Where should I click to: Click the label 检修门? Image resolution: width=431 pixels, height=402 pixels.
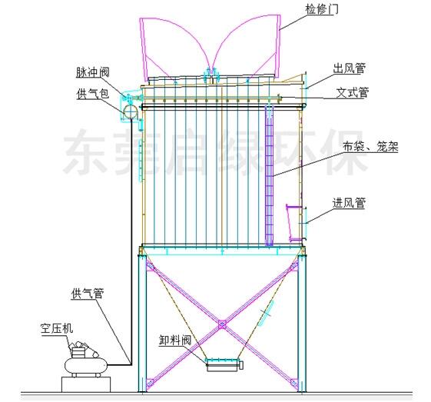(322, 9)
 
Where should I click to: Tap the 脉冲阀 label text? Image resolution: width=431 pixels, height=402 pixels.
(93, 72)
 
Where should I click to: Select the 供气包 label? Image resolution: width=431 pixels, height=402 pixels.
(93, 94)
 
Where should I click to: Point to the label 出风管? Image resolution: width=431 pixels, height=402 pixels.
(349, 68)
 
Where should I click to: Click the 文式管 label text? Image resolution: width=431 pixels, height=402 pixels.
(353, 93)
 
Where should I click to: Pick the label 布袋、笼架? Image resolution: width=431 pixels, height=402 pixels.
(370, 147)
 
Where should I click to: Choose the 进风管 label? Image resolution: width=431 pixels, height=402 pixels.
(349, 203)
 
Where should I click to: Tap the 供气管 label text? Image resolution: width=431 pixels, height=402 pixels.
(88, 294)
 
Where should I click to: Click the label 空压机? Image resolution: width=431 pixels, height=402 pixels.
(57, 328)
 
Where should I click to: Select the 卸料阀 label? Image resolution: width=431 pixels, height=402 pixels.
(175, 341)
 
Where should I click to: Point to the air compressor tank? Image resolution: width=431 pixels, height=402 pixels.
(85, 365)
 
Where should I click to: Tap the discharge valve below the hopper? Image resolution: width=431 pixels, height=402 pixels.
(224, 365)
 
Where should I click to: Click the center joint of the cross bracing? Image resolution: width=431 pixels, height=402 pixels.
(222, 324)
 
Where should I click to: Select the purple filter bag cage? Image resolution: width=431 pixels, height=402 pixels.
(269, 175)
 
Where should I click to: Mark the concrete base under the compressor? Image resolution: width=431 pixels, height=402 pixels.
(86, 384)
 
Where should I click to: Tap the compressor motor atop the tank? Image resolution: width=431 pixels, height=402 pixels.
(82, 349)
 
